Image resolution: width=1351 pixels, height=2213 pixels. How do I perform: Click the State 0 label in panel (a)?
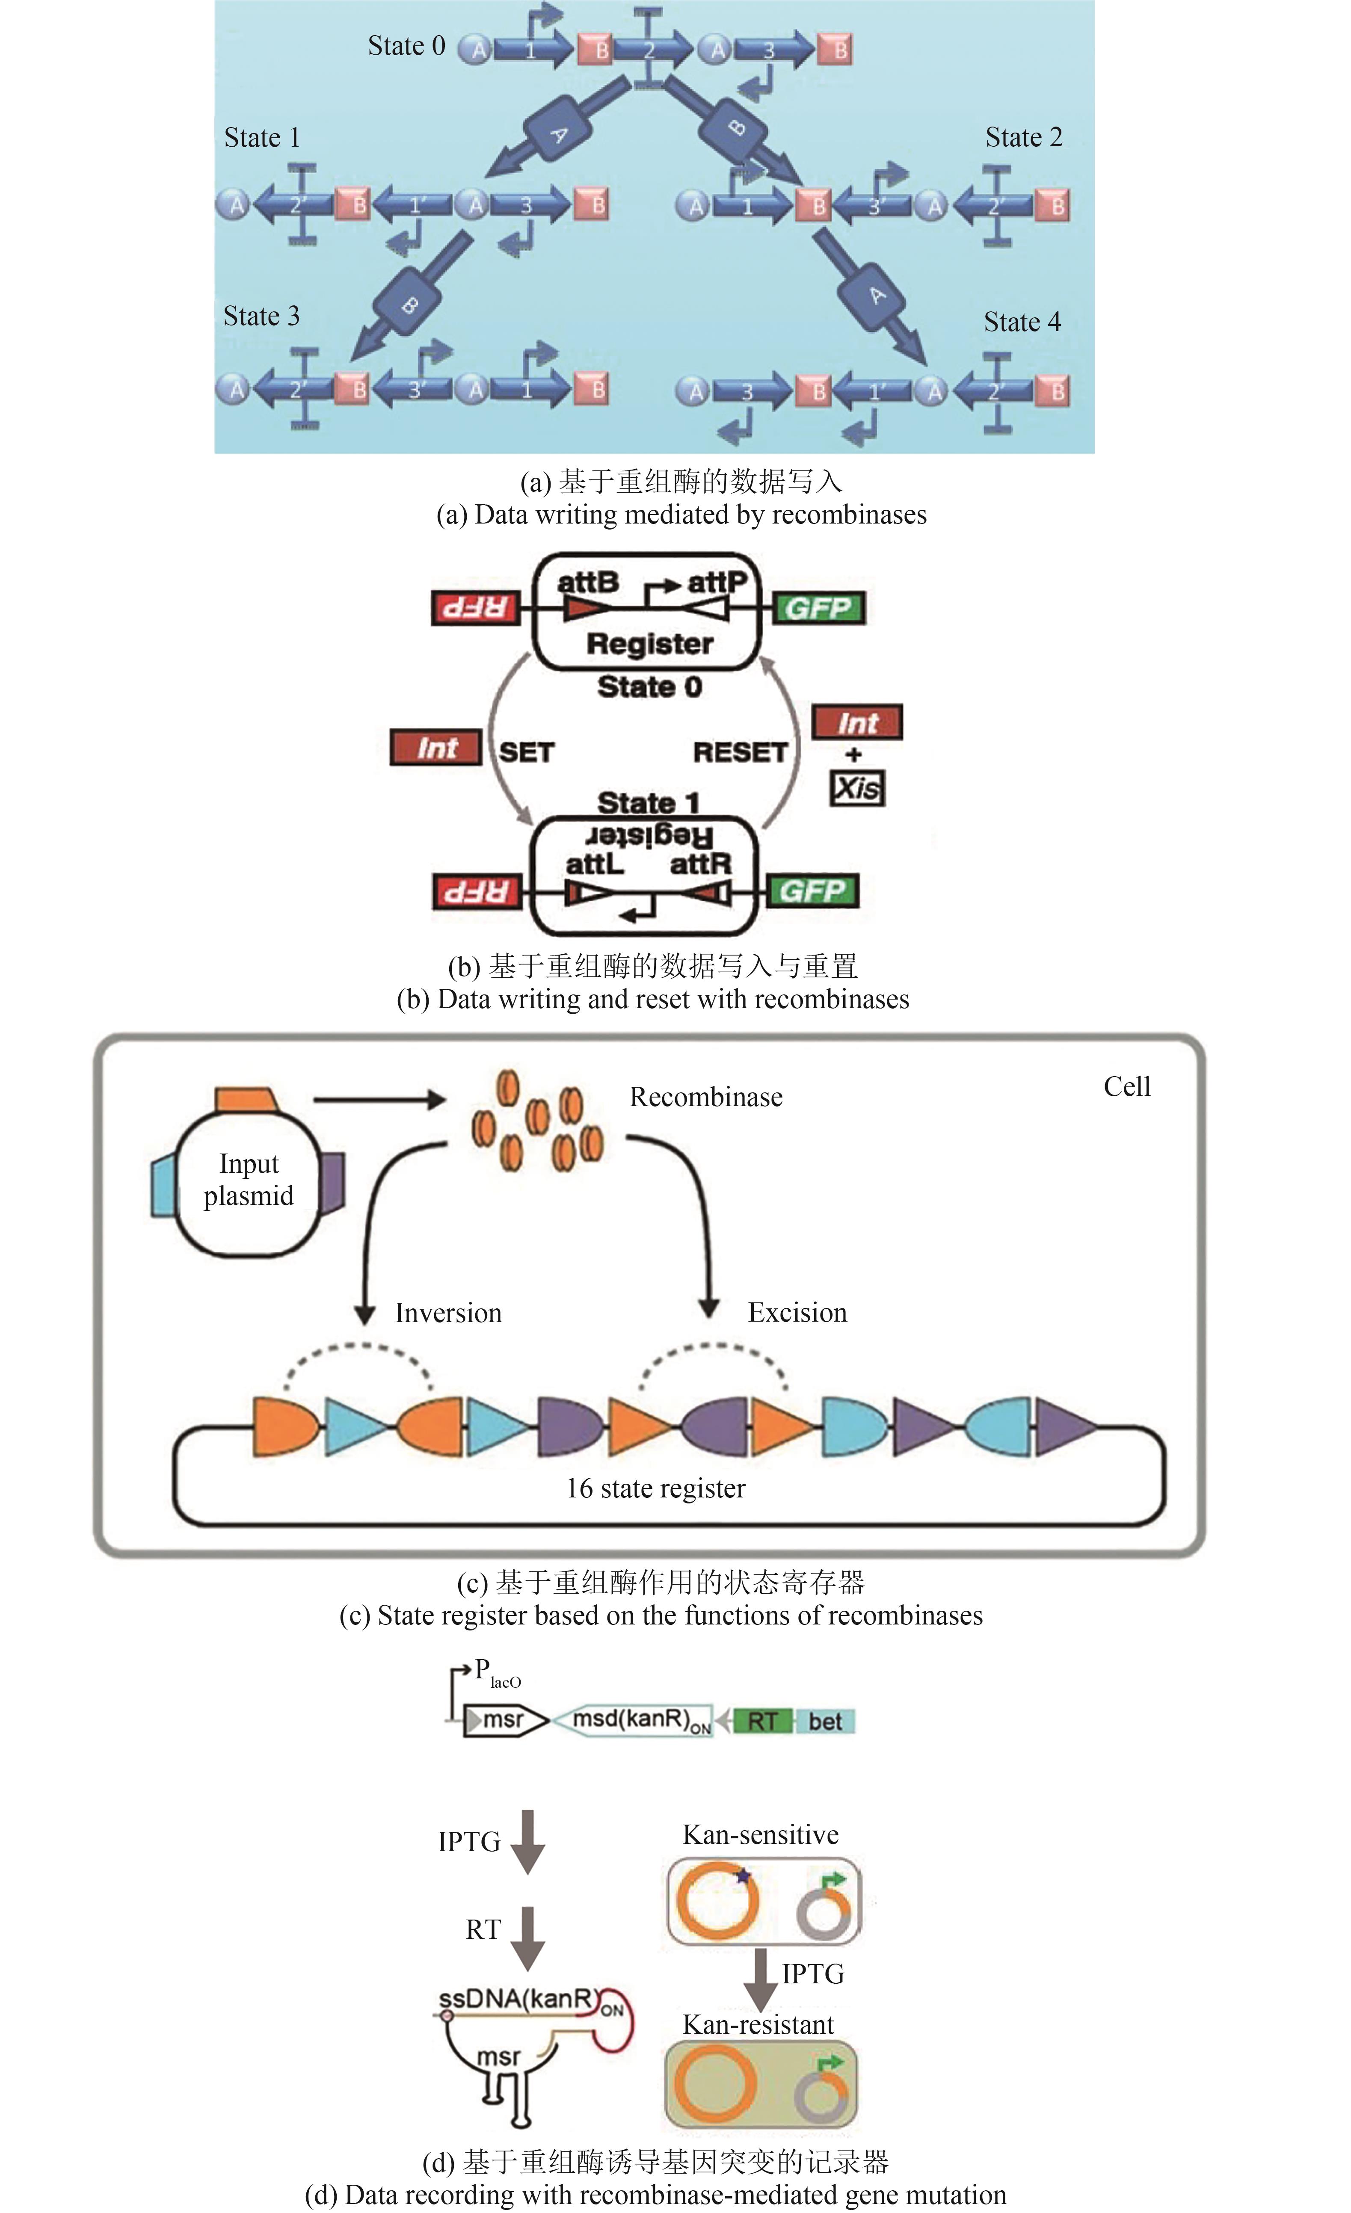406,46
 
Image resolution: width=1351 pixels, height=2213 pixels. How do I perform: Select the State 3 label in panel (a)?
261,316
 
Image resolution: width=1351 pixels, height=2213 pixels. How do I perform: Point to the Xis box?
857,789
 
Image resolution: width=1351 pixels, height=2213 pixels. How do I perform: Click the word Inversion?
448,1313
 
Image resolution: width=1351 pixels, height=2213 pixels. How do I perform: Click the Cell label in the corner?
1126,1087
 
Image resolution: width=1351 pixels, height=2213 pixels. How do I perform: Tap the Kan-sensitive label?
761,1835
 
